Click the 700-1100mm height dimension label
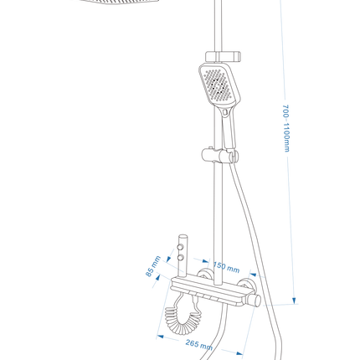click(286, 128)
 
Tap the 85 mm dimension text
click(153, 266)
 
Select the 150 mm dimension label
click(226, 267)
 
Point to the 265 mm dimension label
click(199, 345)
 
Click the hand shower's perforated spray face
click(219, 85)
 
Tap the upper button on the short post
click(181, 247)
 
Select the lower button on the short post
click(181, 257)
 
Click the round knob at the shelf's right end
click(255, 301)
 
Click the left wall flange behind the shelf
click(205, 274)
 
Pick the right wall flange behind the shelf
click(245, 284)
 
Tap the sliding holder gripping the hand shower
click(220, 155)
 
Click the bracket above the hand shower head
click(223, 57)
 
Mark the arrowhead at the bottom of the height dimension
click(294, 301)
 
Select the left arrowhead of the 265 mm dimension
click(160, 337)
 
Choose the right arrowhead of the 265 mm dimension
click(239, 353)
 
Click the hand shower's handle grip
click(229, 128)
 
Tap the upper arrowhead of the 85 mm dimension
click(168, 260)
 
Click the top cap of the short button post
click(183, 236)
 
